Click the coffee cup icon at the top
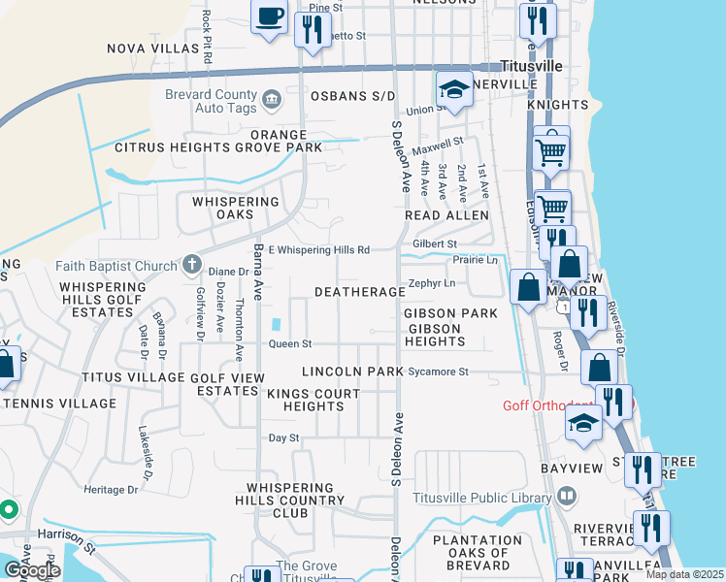click(270, 16)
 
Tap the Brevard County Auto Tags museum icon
click(271, 96)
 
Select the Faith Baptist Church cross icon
click(191, 265)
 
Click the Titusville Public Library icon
click(567, 497)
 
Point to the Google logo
click(32, 570)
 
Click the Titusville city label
click(531, 66)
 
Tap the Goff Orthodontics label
click(561, 405)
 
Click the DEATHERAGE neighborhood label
click(359, 292)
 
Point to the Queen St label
click(289, 343)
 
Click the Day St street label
click(283, 438)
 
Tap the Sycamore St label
click(438, 372)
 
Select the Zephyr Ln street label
click(432, 283)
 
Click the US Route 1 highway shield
click(564, 307)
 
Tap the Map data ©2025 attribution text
click(684, 574)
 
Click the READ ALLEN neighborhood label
click(446, 214)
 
